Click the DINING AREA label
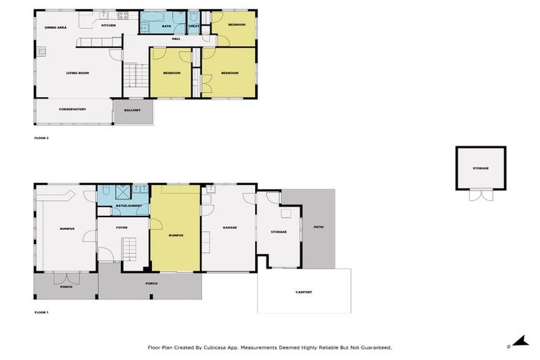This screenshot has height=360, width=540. [x=56, y=27]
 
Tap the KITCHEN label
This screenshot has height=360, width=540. [x=108, y=25]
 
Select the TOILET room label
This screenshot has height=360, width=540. [x=194, y=26]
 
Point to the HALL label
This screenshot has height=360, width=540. [x=176, y=39]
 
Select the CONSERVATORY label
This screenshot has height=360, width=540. [x=72, y=109]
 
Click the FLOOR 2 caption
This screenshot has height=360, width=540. [x=41, y=138]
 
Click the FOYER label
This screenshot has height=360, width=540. [x=122, y=227]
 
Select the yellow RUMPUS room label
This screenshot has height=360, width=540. [x=176, y=235]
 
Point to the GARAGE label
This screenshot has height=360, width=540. [x=229, y=228]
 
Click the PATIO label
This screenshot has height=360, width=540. [x=319, y=227]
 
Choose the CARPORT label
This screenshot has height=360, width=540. [x=303, y=292]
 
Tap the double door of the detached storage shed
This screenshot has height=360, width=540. [x=480, y=196]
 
